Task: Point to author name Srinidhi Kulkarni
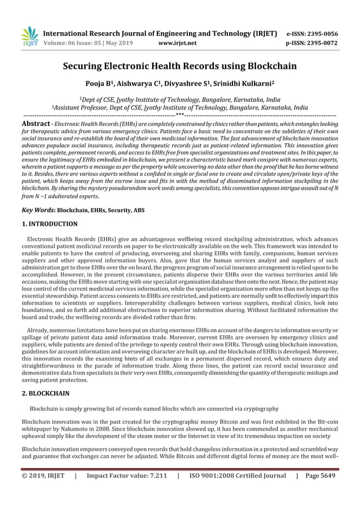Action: pyautogui.click(x=239, y=83)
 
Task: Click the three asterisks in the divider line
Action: pyautogui.click(x=180, y=114)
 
